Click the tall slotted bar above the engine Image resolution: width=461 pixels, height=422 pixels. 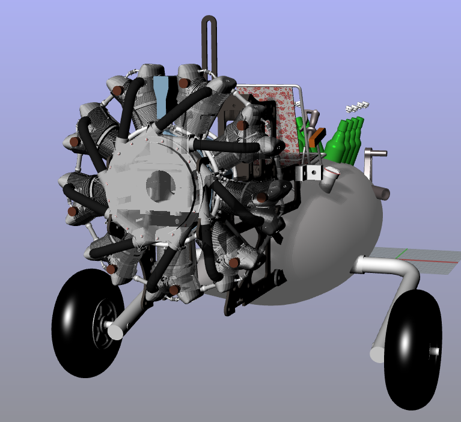pyautogui.click(x=209, y=42)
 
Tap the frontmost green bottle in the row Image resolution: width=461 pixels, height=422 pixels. pyautogui.click(x=336, y=144)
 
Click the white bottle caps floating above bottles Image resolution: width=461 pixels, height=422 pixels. pyautogui.click(x=358, y=107)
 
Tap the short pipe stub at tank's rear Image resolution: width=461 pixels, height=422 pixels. pyautogui.click(x=381, y=194)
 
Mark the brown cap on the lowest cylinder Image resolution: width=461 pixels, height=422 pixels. pyautogui.click(x=174, y=290)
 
